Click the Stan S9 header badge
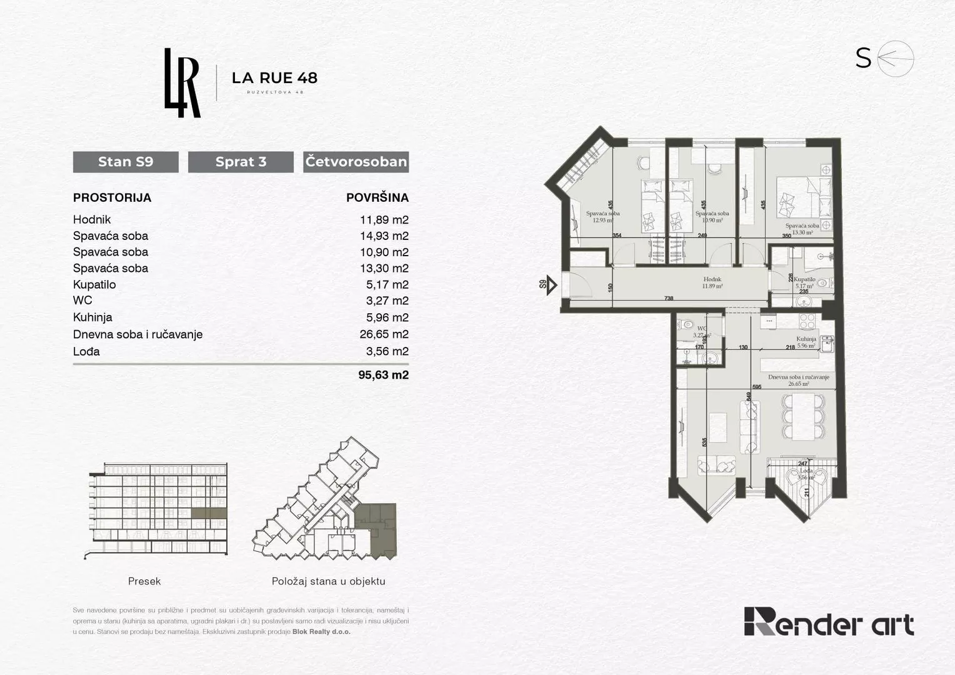pyautogui.click(x=126, y=162)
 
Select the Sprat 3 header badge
pyautogui.click(x=241, y=162)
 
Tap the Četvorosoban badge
pyautogui.click(x=356, y=162)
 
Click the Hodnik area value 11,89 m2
pyautogui.click(x=384, y=219)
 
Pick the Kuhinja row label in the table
pyautogui.click(x=92, y=317)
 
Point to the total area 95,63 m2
pyautogui.click(x=383, y=375)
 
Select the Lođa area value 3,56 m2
pyautogui.click(x=387, y=351)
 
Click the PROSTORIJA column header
pyautogui.click(x=112, y=197)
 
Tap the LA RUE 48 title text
pyautogui.click(x=274, y=78)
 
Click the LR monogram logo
pyautogui.click(x=182, y=83)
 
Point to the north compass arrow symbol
pyautogui.click(x=896, y=59)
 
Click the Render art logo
pyautogui.click(x=829, y=621)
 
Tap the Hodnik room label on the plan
pyautogui.click(x=712, y=280)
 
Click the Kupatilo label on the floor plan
pyautogui.click(x=804, y=280)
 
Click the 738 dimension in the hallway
pyautogui.click(x=669, y=299)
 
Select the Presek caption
pyautogui.click(x=144, y=581)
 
